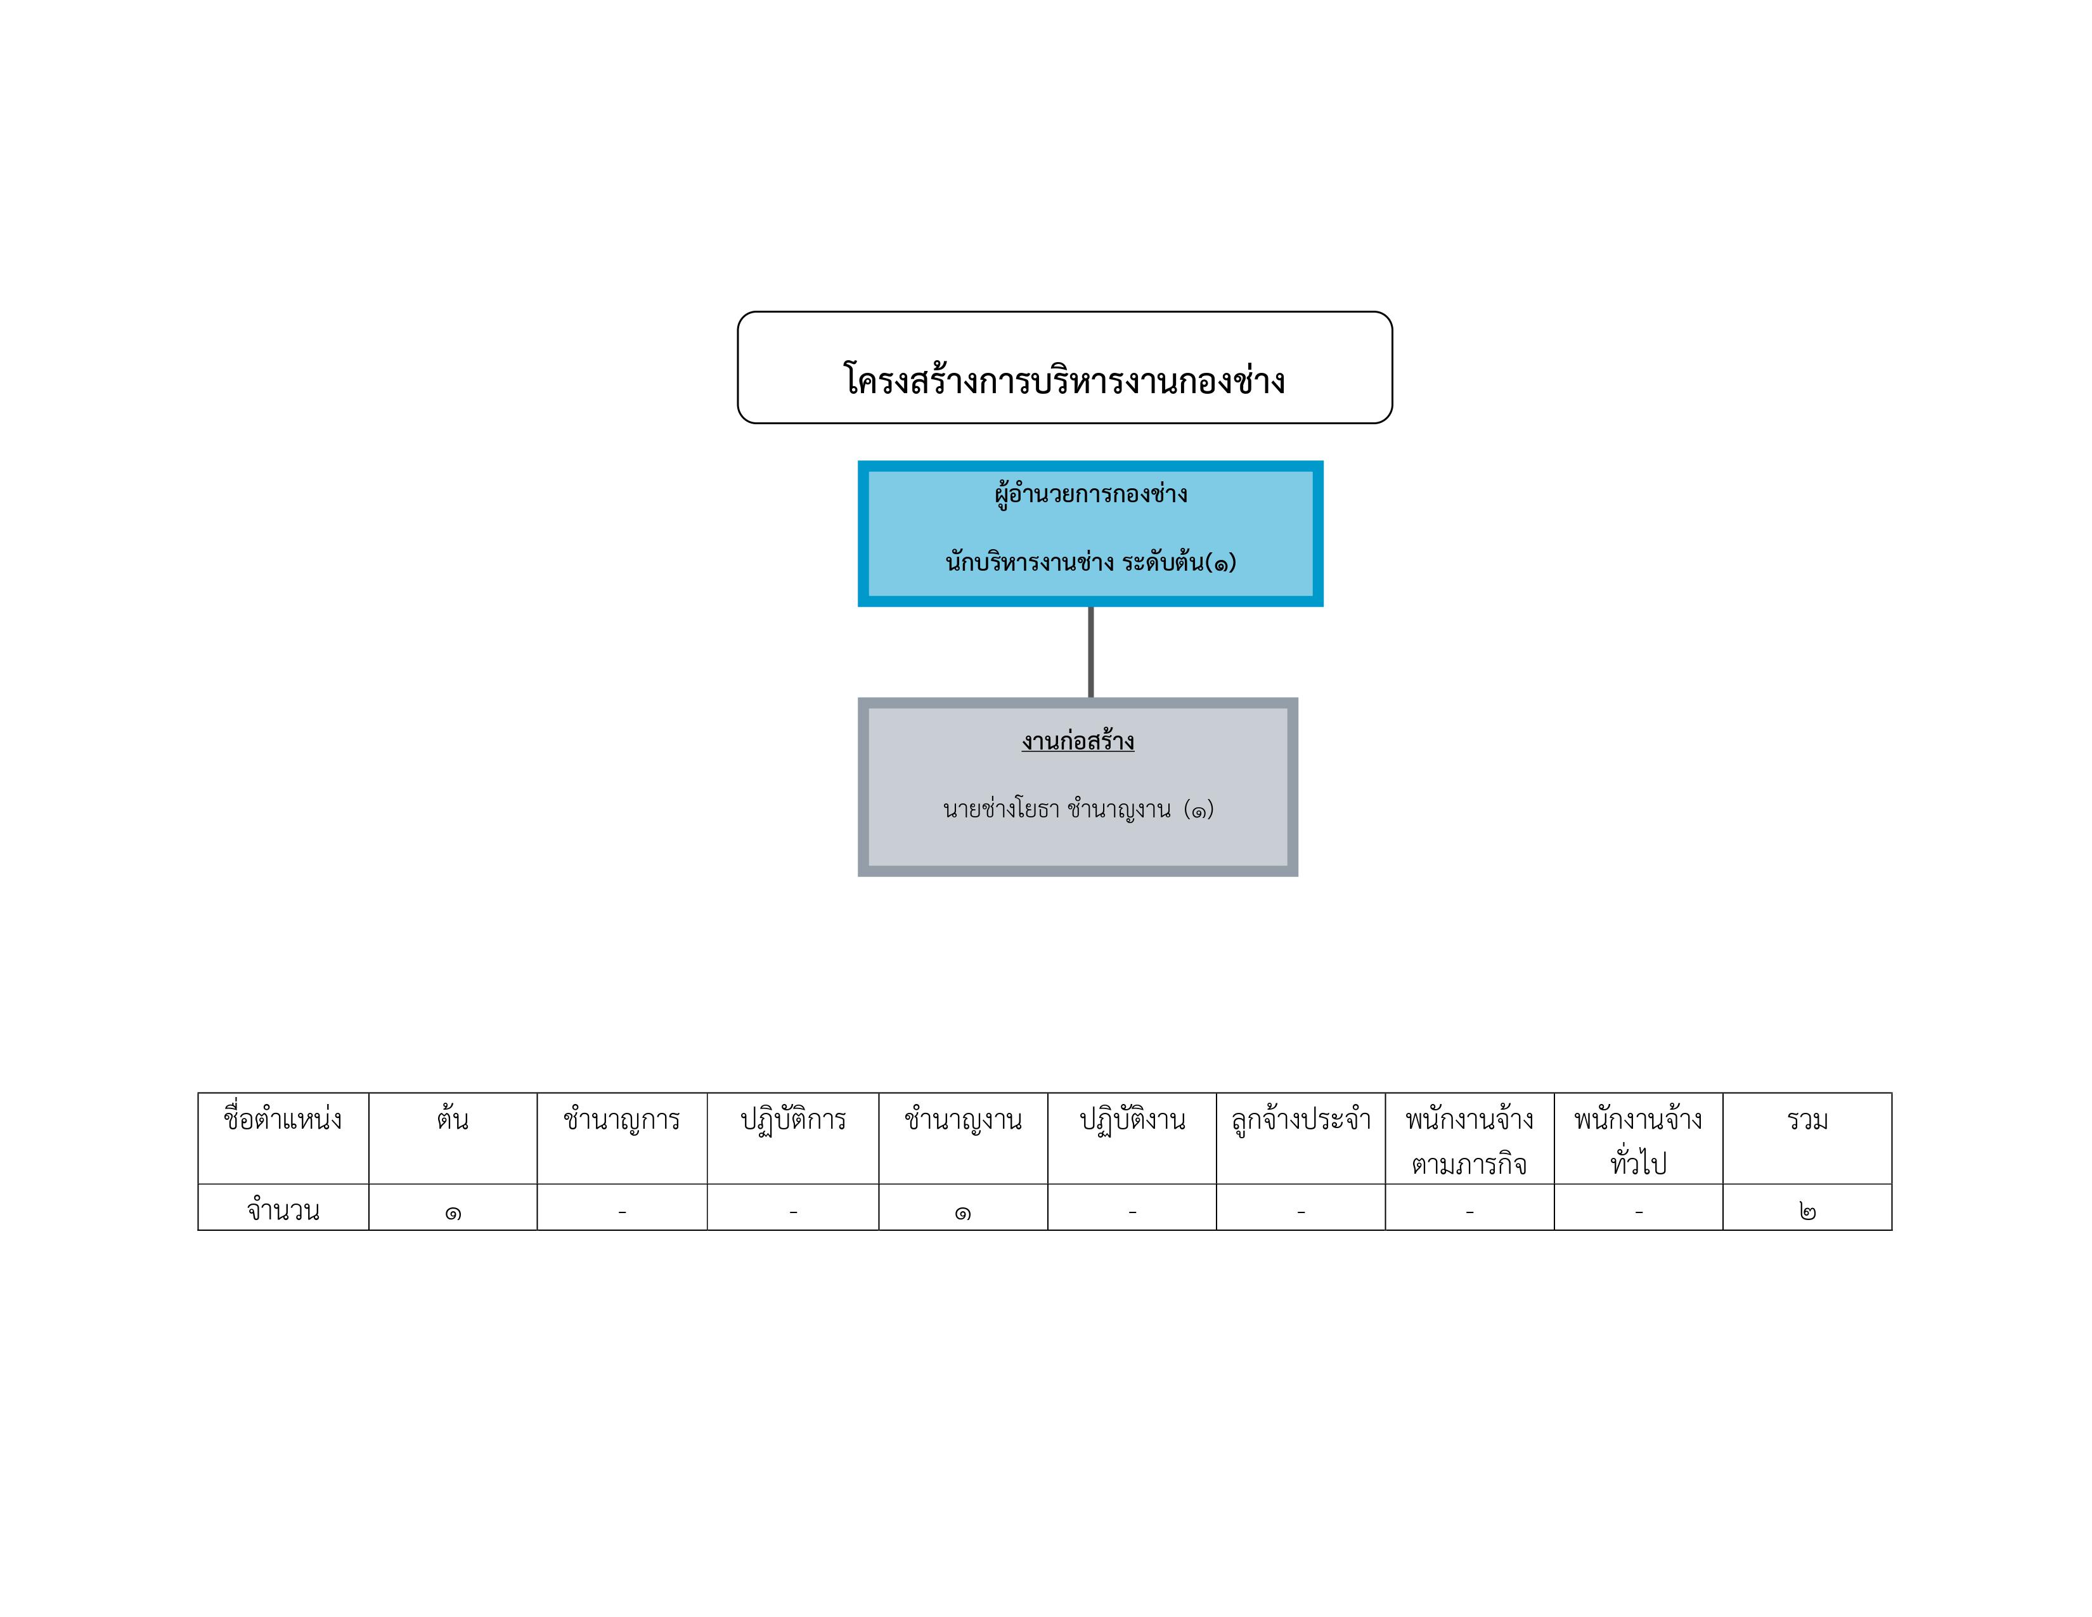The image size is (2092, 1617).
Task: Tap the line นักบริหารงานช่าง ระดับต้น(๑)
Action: pyautogui.click(x=1091, y=561)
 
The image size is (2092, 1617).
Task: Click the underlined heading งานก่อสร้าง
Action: pyautogui.click(x=1078, y=741)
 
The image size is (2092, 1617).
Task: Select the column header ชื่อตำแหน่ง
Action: pyautogui.click(x=283, y=1119)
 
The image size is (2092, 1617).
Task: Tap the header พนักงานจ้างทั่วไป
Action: pyautogui.click(x=1638, y=1141)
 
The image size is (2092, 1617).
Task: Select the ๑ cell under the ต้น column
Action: pyautogui.click(x=453, y=1212)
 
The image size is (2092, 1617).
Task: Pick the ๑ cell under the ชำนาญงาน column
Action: pyautogui.click(x=963, y=1212)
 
